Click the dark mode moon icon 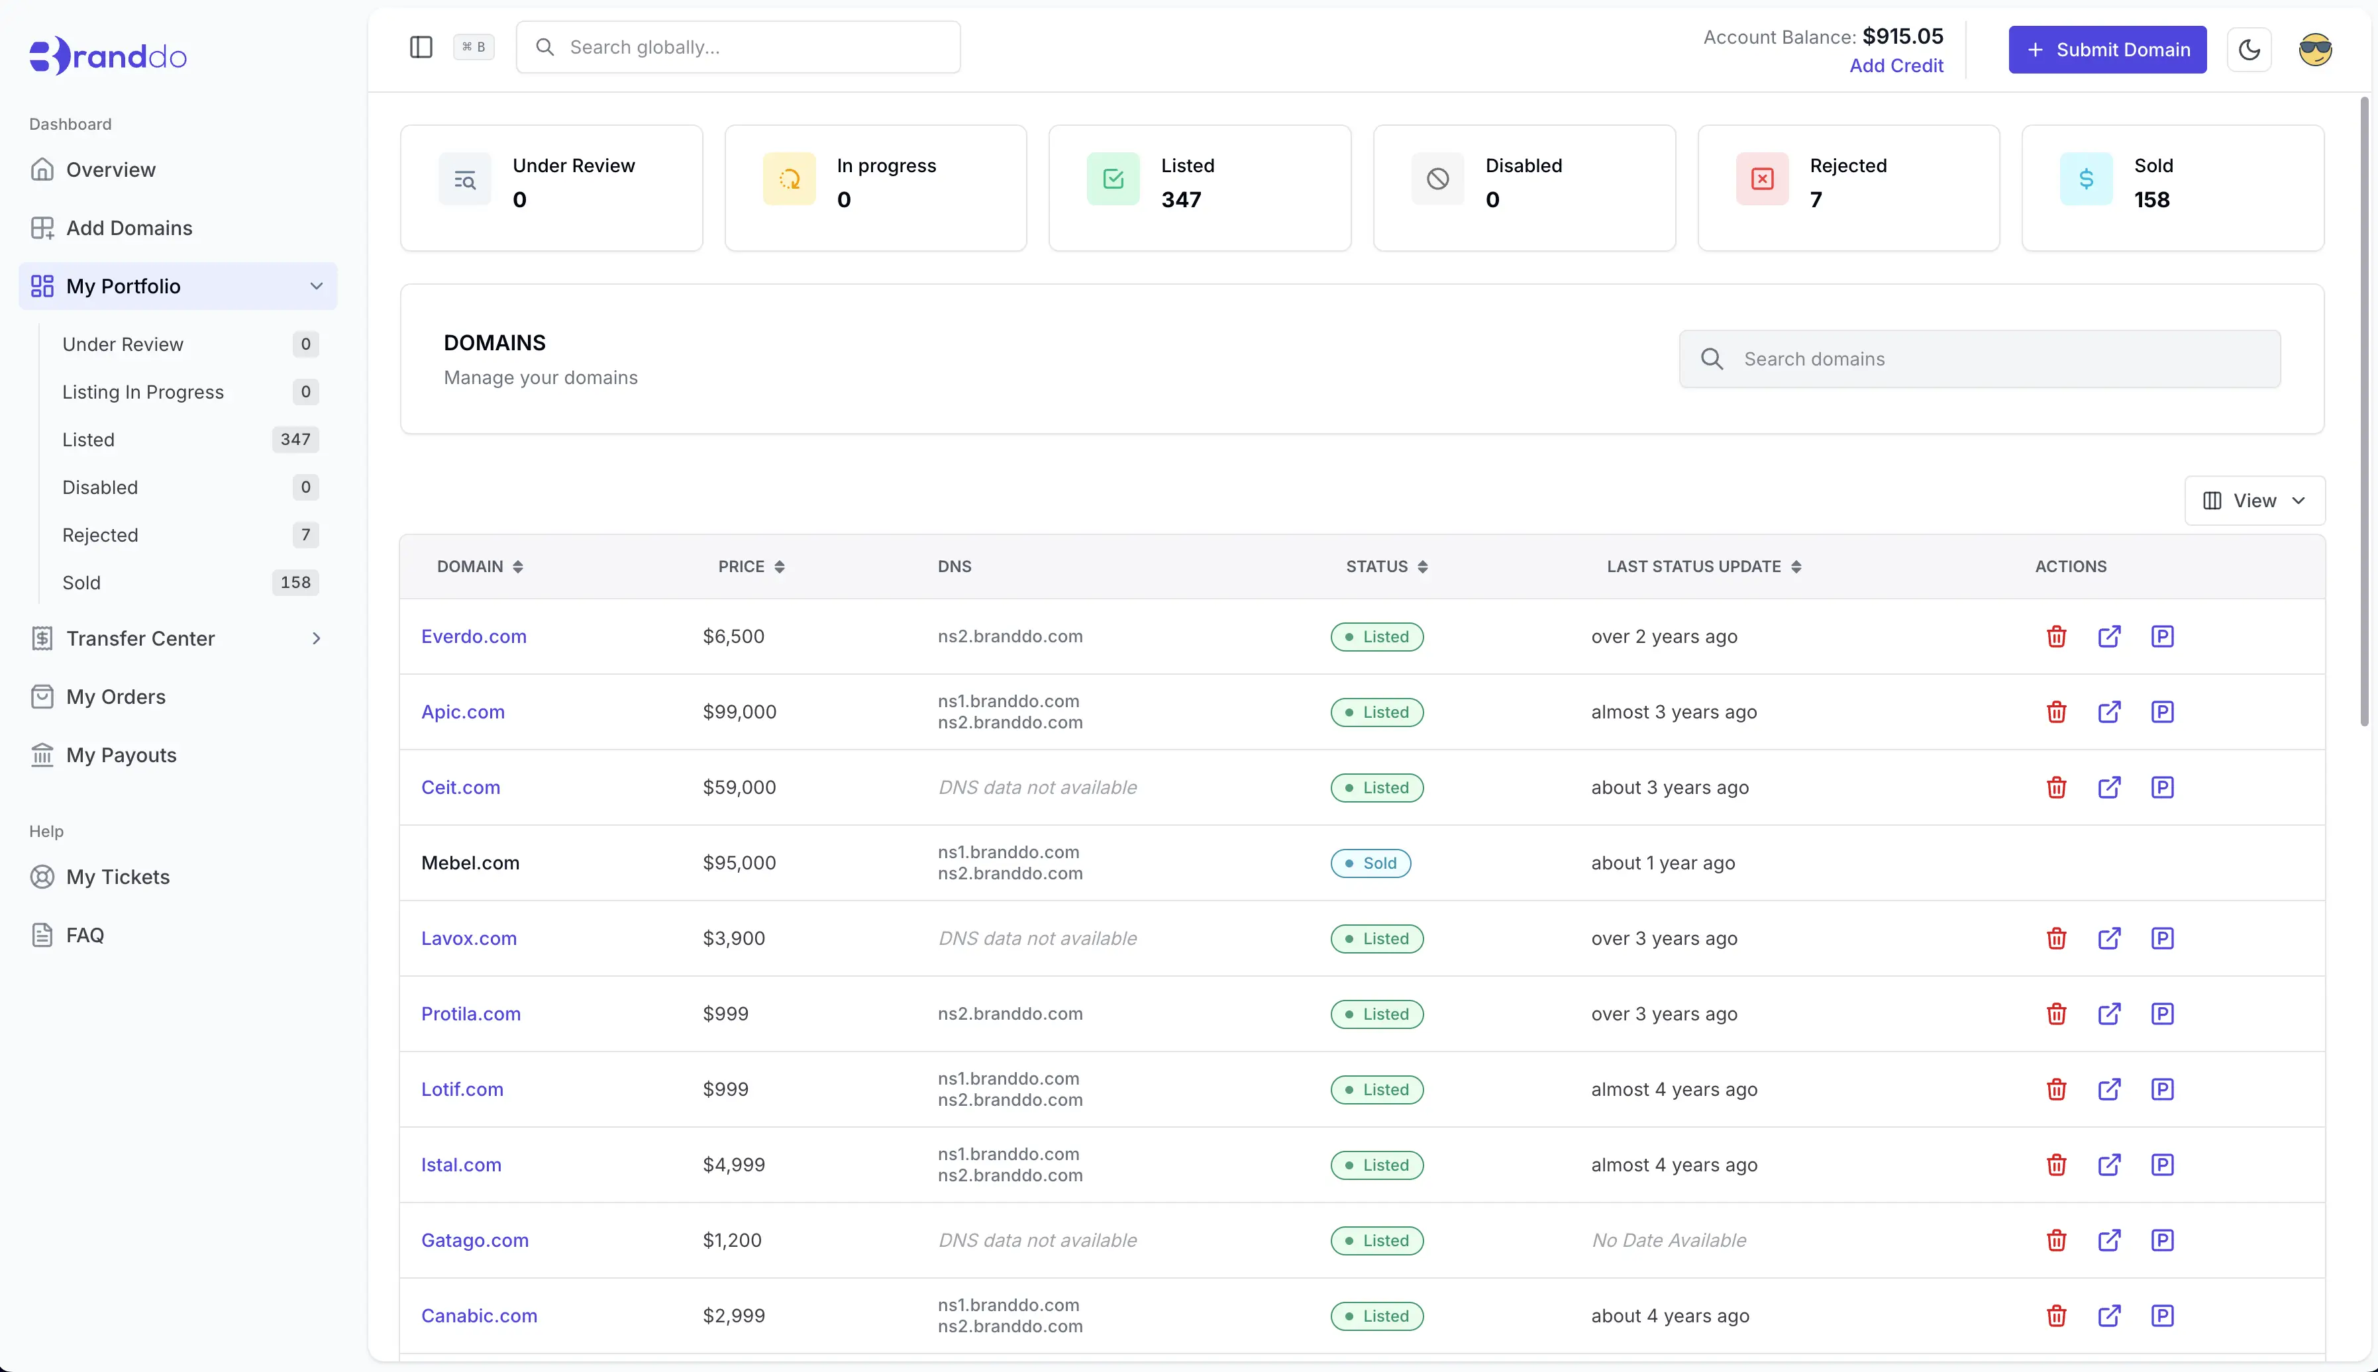[x=2249, y=50]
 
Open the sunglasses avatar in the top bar [x=2315, y=50]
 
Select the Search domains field [x=1979, y=359]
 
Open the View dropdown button [x=2253, y=501]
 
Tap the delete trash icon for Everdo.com [x=2057, y=637]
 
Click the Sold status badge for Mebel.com [x=1370, y=863]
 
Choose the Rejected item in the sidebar [x=100, y=535]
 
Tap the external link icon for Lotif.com [x=2109, y=1089]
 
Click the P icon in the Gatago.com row [x=2162, y=1240]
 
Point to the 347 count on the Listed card [x=1181, y=200]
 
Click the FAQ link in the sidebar [x=85, y=936]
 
